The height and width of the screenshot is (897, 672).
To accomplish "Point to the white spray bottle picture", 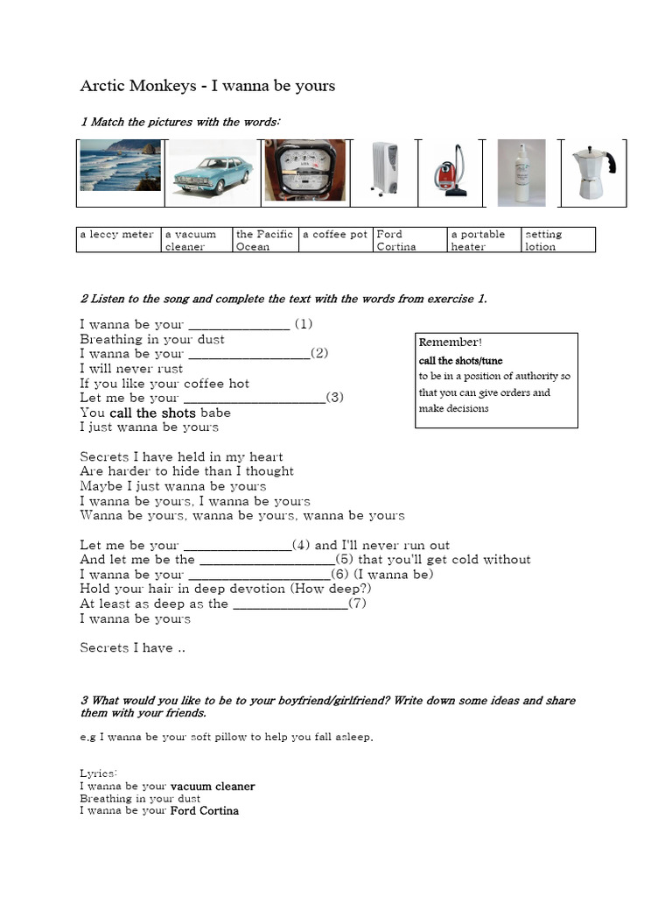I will coord(521,173).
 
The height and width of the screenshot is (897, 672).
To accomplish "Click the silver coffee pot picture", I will coord(591,173).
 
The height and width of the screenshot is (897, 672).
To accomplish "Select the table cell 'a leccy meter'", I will coord(117,235).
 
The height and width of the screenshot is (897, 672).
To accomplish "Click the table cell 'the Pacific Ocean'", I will coord(264,240).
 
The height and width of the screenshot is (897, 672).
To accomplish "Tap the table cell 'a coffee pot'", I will coord(335,235).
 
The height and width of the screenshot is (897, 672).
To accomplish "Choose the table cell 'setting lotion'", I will coord(557,240).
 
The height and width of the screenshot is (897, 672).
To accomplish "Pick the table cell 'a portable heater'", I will coord(483,240).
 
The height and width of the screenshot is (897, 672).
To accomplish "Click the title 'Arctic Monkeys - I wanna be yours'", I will coord(207,86).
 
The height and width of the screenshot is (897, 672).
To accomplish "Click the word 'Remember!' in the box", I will coord(450,343).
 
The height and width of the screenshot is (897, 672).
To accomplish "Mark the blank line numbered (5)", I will coord(266,561).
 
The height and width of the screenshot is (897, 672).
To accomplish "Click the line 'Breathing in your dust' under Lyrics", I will coord(140,798).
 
